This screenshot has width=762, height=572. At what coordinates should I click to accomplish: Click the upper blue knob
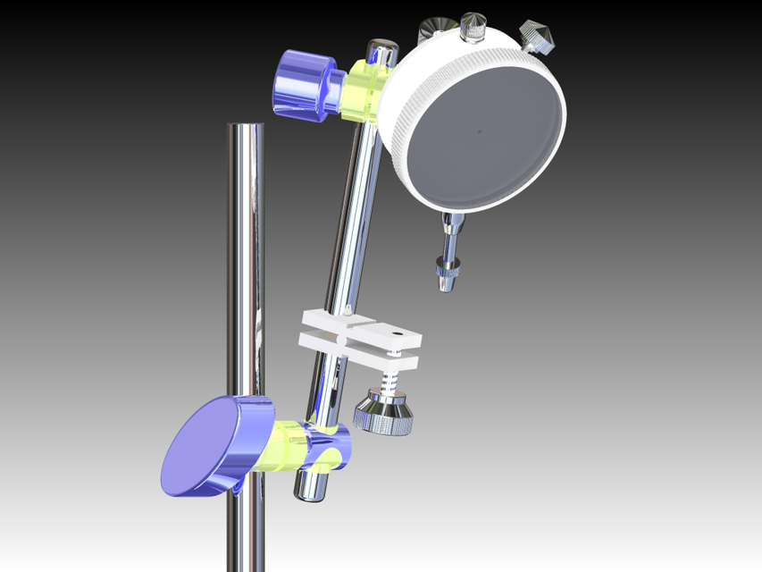click(x=302, y=85)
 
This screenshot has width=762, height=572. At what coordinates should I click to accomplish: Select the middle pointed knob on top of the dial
click(x=473, y=26)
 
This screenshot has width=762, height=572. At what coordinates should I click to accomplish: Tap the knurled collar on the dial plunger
click(x=448, y=265)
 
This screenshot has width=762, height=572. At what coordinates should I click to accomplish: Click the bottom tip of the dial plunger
click(x=445, y=287)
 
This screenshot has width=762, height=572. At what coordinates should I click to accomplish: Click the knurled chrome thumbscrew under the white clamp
click(x=384, y=416)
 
